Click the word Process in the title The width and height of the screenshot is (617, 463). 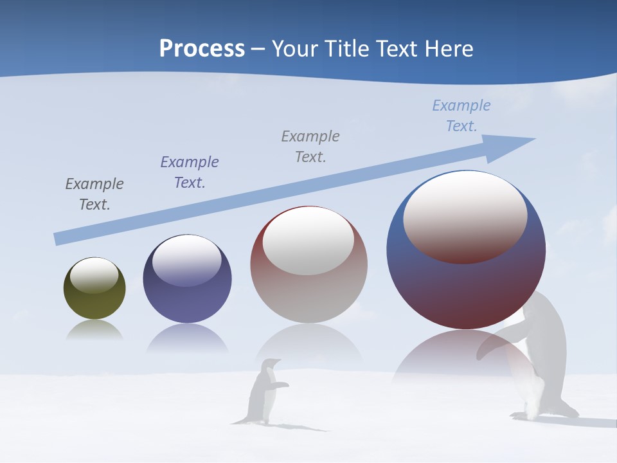[x=202, y=48]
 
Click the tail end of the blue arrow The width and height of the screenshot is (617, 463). [x=57, y=239]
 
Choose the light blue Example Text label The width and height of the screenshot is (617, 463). [x=461, y=116]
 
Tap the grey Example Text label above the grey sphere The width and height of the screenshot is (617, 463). [x=310, y=146]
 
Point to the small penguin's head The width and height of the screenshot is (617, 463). [x=273, y=364]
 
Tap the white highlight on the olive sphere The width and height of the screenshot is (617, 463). [x=94, y=275]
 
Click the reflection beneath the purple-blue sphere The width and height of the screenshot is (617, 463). [x=187, y=339]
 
